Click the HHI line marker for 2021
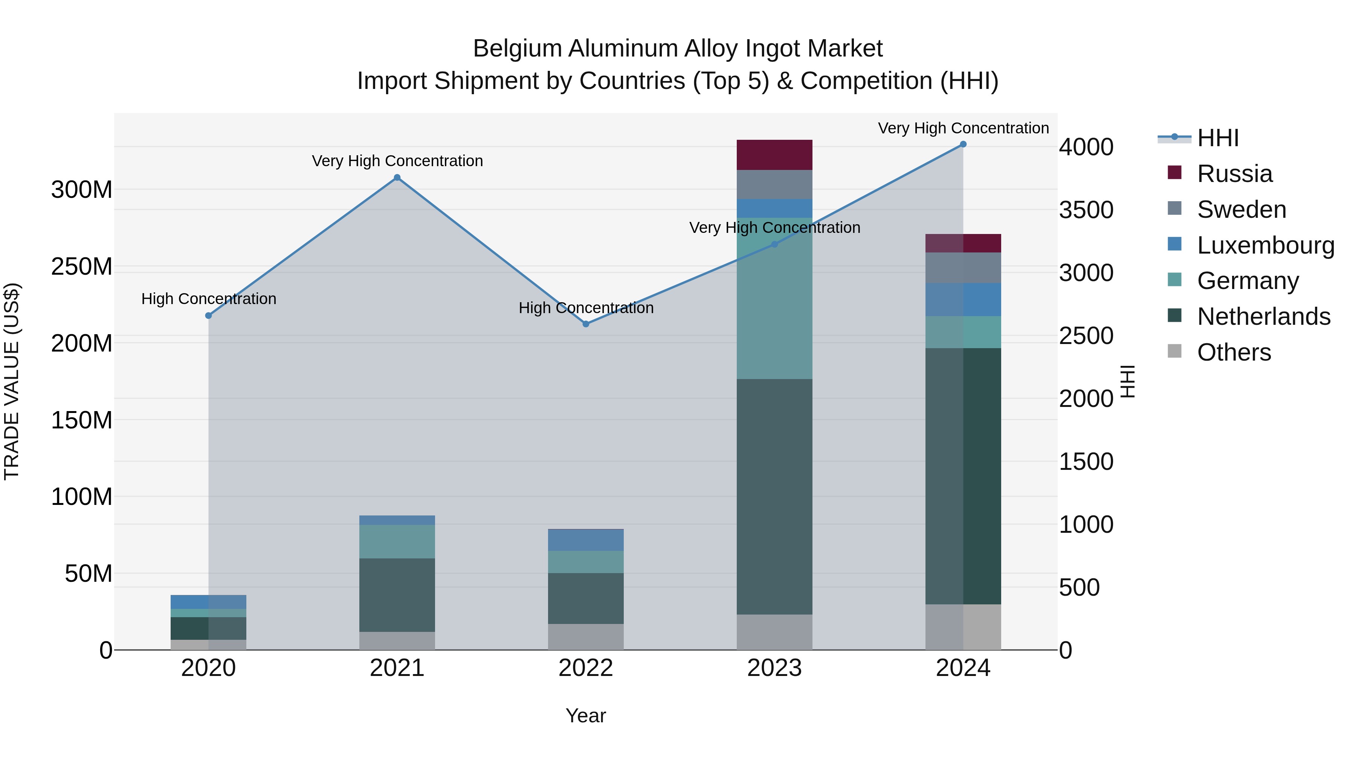coord(397,177)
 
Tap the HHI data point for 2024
coord(963,144)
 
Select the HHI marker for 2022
coord(586,324)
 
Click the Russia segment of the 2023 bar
coord(774,155)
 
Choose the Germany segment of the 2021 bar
coord(397,541)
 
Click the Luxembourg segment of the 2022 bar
coord(586,540)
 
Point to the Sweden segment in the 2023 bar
coord(774,184)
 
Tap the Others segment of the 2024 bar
coord(963,627)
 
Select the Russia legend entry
coord(1234,174)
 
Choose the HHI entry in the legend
coord(1217,138)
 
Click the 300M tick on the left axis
coord(82,190)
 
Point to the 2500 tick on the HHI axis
coord(1086,336)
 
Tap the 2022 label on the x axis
coord(586,668)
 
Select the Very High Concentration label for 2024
coord(963,128)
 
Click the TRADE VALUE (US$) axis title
coord(12,381)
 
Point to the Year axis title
coord(586,716)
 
